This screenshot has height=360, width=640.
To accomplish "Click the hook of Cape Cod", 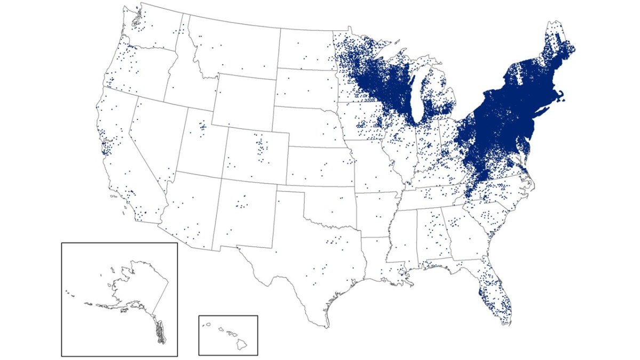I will click(561, 96).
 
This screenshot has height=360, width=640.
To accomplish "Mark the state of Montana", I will click(235, 48).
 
